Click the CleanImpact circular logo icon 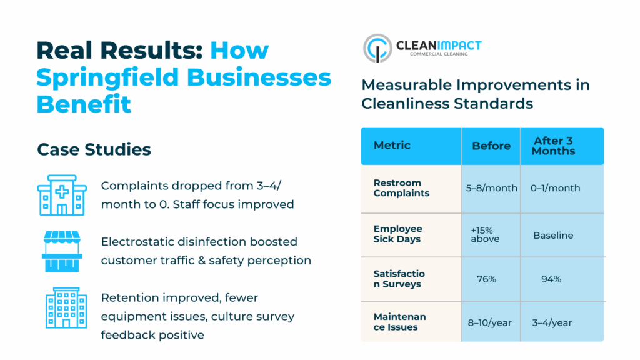pos(377,48)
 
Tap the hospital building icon pos(62,195)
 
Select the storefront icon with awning pos(62,251)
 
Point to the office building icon pos(62,307)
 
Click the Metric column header pos(392,146)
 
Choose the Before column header pos(491,146)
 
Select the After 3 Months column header pos(554,146)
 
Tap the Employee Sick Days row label pos(397,234)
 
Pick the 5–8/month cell pos(491,188)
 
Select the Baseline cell pos(553,236)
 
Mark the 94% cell pos(551,279)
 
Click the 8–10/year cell pos(491,322)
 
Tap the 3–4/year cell pos(552,322)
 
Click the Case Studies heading pos(94,149)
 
